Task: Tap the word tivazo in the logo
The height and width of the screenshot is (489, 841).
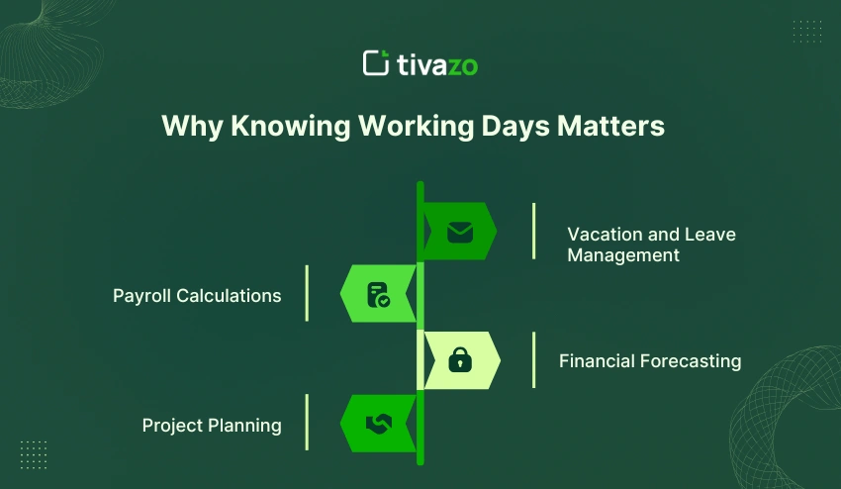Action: pos(436,65)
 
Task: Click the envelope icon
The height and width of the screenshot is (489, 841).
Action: pos(460,232)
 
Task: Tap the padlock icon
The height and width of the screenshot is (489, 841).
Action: pos(460,361)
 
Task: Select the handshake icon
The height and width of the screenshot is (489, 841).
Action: pos(378,424)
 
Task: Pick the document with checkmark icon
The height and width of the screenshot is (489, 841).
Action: pos(378,294)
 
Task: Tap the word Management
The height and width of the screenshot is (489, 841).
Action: pos(623,255)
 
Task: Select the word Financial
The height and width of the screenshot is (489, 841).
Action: pos(596,361)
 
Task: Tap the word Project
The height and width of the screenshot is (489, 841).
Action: pos(172,426)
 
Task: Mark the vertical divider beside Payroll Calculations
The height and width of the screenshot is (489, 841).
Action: pos(307,293)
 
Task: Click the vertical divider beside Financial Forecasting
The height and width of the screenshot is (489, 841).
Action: pos(533,360)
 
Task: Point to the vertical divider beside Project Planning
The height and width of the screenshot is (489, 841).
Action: pos(307,423)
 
